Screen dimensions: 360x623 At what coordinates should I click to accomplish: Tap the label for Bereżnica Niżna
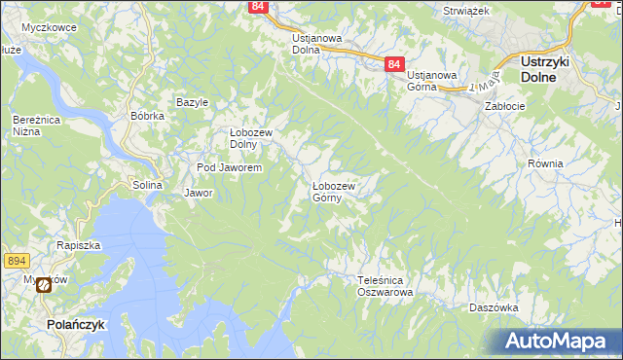click(x=32, y=126)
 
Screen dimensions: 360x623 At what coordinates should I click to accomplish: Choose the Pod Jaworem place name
click(x=229, y=168)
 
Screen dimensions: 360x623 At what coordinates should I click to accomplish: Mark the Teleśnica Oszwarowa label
click(x=385, y=285)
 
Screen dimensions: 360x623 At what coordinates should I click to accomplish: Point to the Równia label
click(x=545, y=163)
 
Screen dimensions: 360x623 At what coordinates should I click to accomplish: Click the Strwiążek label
click(x=464, y=10)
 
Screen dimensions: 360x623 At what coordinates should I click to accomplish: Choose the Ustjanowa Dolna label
click(x=316, y=44)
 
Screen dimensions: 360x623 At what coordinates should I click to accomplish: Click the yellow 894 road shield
click(x=15, y=261)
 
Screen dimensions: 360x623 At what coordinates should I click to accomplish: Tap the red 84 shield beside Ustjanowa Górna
click(x=393, y=63)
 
